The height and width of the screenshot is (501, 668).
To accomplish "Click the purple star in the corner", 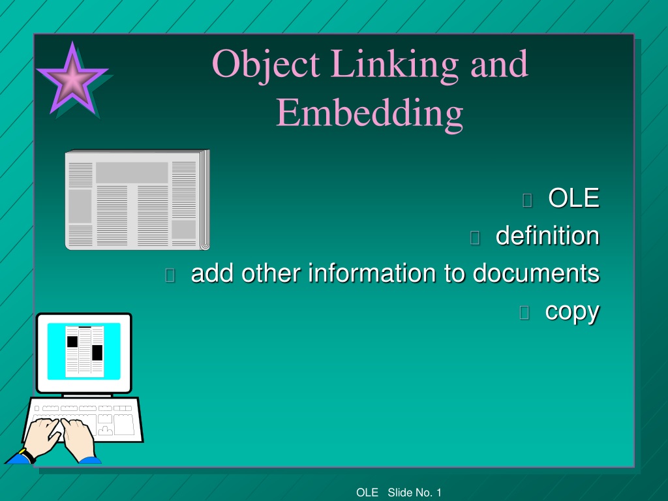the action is coord(72,79).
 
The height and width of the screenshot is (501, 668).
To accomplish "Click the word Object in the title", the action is coord(266,65).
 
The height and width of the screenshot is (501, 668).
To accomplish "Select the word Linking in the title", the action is coord(395,65).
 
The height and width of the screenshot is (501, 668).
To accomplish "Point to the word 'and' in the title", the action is coord(499,64).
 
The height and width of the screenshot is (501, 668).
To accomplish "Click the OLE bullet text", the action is coord(574,198).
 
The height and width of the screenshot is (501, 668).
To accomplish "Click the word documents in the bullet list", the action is coord(536,273).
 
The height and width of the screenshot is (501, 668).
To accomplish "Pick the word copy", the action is coord(572,312).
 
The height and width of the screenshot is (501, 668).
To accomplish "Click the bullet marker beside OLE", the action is coord(527,200).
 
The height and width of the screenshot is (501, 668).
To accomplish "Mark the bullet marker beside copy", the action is coord(524,312).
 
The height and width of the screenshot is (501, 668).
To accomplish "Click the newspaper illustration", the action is coord(137,200).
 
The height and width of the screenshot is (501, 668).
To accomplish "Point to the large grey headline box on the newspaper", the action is coord(132,172).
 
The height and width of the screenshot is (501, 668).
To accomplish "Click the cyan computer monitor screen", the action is coord(84,351).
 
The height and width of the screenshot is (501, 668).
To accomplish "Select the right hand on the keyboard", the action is coord(78,439).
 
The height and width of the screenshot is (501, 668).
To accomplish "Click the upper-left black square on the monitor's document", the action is coord(72,342).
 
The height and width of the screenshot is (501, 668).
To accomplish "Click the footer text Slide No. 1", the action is coord(414,493).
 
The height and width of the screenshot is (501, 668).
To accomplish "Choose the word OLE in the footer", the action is coord(367,493).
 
